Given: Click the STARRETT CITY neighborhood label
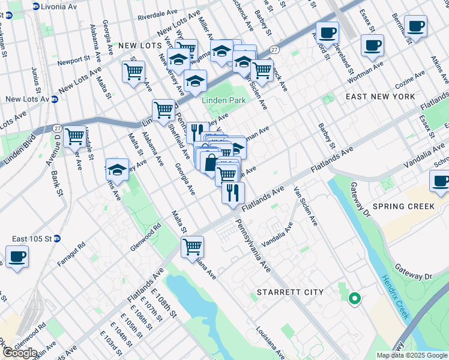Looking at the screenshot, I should point(290,292).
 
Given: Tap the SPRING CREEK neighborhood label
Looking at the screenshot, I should point(403,206).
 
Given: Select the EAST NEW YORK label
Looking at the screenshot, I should point(381,97).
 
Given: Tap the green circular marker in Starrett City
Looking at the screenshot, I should point(354,298).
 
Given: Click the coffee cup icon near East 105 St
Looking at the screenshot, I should point(17,257).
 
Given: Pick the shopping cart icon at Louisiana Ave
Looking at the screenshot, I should point(192,246).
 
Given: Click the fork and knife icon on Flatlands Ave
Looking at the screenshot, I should point(233,193).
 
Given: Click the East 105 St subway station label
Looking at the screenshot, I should point(32,238).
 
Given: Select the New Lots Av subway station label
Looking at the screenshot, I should point(28,100).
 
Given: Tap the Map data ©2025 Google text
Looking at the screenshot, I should point(412,355).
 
